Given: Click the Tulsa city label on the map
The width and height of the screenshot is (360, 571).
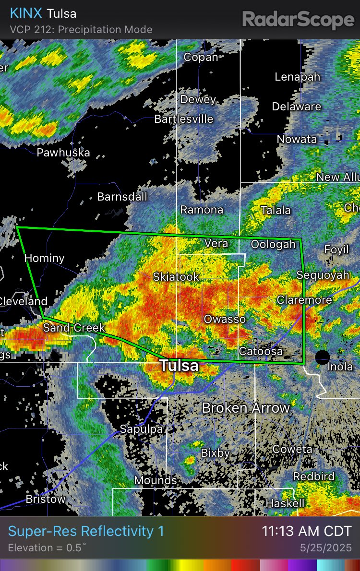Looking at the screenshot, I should (179, 366).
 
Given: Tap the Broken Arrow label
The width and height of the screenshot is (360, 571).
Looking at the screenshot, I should (246, 408).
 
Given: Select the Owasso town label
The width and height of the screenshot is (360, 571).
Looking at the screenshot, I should (225, 319).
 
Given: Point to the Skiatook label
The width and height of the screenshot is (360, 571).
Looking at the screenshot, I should (176, 277).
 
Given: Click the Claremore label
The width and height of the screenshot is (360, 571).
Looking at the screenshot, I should (304, 300).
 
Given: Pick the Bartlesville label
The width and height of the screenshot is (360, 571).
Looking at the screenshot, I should (183, 119).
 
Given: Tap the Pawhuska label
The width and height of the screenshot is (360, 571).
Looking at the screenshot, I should (63, 153).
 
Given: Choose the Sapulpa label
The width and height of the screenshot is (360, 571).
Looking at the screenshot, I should (141, 429).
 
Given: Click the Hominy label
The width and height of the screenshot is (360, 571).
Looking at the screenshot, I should (44, 258).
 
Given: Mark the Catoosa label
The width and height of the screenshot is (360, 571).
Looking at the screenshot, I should (261, 351).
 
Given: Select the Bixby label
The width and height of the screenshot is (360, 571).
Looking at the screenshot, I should (215, 452).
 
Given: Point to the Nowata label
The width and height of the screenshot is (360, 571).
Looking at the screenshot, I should (297, 139).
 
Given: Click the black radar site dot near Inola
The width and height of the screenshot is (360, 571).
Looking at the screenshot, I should (322, 357).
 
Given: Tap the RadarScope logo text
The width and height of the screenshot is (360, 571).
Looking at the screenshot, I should (298, 20).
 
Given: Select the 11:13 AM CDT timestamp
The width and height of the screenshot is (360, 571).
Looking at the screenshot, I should (307, 531).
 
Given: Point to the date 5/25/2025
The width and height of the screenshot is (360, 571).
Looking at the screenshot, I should (326, 547).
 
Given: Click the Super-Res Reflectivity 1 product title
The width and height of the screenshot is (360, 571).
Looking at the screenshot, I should (86, 531).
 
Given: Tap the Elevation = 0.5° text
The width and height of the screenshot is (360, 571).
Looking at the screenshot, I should (47, 547).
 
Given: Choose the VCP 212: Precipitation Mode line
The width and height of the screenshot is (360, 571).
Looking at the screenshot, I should (81, 29).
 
